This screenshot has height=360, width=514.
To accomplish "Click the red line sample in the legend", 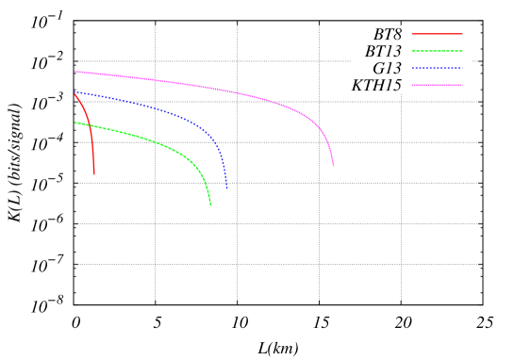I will [438, 34].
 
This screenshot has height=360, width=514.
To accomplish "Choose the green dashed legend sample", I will [438, 51].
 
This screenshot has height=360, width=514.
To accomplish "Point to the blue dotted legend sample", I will [438, 68].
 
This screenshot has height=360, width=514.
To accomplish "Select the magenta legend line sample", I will [438, 85].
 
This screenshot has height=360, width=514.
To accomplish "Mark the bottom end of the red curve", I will [94, 174].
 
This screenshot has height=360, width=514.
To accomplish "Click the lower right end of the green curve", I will [210, 205].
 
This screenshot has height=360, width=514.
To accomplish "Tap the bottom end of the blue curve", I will [226, 189].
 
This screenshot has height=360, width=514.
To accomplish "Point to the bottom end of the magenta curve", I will [333, 167].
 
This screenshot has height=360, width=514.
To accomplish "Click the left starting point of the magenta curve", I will [75, 72].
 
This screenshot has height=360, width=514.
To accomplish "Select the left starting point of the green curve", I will [75, 123].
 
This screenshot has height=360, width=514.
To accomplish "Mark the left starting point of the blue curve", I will [75, 92].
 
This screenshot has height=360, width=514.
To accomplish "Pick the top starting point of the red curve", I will [75, 93].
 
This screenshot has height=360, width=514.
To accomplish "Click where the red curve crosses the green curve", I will [90, 126].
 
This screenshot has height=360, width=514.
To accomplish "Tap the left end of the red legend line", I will [413, 34].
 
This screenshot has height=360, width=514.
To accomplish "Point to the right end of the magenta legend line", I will [462, 85].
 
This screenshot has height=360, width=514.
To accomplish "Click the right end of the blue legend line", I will [462, 68].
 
